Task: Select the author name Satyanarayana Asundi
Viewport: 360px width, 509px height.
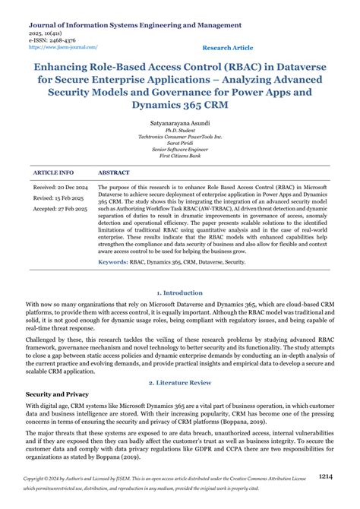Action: (180, 122)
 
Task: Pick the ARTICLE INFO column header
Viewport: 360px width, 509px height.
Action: (54, 173)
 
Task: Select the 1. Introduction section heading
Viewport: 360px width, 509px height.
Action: (179, 292)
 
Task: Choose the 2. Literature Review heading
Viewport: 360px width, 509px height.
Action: (180, 383)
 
